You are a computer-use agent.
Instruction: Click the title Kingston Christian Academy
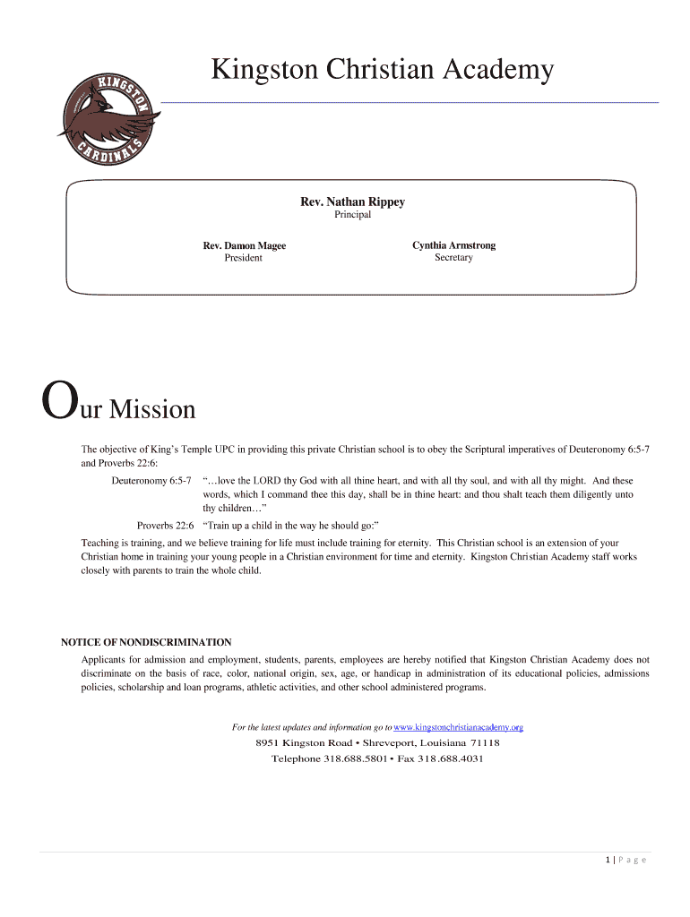tap(382, 69)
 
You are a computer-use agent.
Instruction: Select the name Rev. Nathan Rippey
tap(352, 201)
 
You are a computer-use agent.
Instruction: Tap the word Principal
tap(352, 215)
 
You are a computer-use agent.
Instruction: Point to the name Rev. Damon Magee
tap(244, 245)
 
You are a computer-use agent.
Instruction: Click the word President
tap(244, 258)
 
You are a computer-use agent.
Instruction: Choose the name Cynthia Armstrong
tap(453, 245)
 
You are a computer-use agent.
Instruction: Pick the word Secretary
tap(453, 258)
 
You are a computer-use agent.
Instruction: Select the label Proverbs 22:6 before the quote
tap(166, 525)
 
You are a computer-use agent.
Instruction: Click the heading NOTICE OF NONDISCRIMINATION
tap(146, 642)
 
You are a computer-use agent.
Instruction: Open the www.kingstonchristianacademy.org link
tap(458, 727)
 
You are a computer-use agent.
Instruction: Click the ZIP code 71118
tap(485, 743)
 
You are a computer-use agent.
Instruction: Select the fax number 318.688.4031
tap(451, 758)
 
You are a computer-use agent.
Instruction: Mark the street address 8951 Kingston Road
tap(304, 743)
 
